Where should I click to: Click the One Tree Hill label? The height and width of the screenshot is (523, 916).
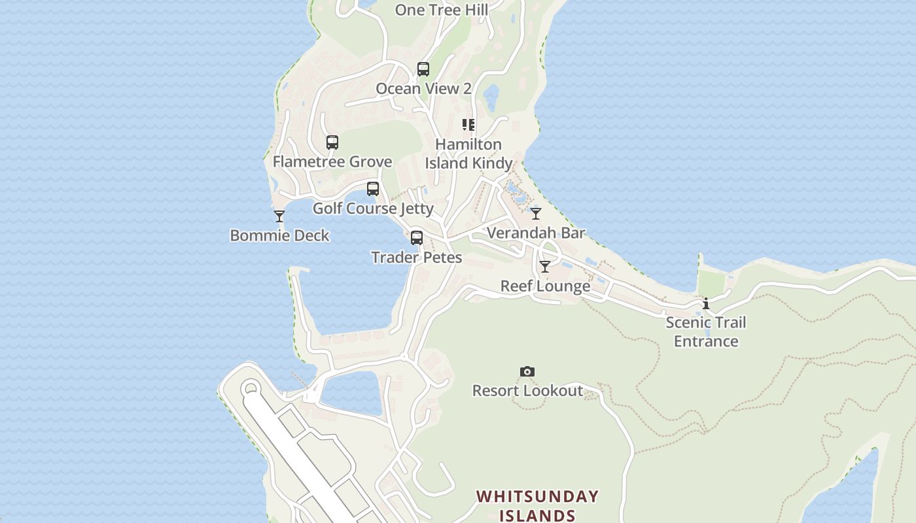pos(442,10)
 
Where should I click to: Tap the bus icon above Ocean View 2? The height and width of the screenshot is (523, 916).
pos(423,69)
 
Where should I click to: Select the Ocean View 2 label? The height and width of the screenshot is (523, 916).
pos(423,89)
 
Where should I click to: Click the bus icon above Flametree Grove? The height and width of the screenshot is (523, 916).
pos(332,143)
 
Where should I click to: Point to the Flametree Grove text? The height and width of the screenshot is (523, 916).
pos(332,162)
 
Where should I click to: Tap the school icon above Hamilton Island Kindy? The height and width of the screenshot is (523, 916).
pos(468,125)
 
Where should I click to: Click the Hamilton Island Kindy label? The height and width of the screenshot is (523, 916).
pos(468,154)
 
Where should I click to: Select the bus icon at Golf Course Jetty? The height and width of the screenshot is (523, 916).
pos(373,189)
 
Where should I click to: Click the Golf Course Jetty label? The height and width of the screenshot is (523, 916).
pos(373,209)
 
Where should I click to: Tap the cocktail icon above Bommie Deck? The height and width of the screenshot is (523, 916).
pos(279,216)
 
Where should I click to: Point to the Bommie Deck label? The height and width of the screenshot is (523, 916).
pos(279,236)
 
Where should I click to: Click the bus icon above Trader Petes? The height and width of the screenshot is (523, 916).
pos(417,238)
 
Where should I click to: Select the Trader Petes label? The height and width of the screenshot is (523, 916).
pos(417,258)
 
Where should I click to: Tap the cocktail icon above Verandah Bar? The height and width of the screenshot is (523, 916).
pos(536,214)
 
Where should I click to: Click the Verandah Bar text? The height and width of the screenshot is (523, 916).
pos(536,233)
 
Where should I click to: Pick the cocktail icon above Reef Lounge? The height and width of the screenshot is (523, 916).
pos(545,267)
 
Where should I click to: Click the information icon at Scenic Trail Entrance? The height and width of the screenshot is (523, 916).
pos(706,304)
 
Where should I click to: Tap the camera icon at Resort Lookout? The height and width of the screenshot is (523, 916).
pos(527,372)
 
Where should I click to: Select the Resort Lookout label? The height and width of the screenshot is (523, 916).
pos(527,391)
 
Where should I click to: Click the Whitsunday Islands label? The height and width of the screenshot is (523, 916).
pos(537,506)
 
